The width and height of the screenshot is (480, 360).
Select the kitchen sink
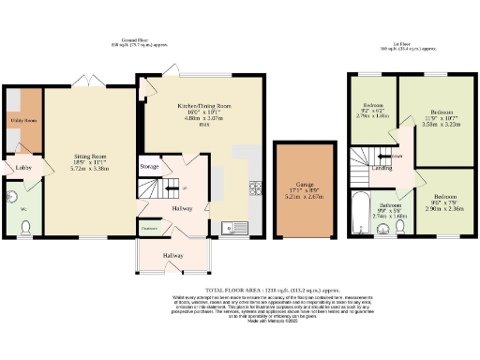click(232, 227)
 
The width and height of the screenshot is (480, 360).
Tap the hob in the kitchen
click(254, 188)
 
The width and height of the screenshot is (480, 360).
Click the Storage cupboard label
click(149, 167)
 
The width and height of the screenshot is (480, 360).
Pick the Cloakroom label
click(149, 228)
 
